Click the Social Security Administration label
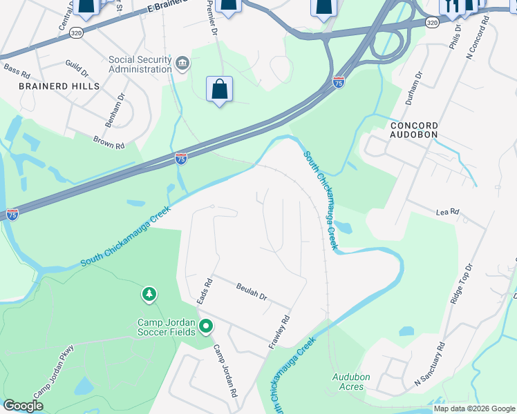pos(140,63)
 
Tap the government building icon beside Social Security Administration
pos(182,64)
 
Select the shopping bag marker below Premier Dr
pos(219,90)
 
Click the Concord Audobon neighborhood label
pos(414,130)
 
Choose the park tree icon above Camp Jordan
pos(149,295)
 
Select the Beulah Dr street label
pos(251,292)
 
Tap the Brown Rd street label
pos(109,142)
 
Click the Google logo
pos(23,406)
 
